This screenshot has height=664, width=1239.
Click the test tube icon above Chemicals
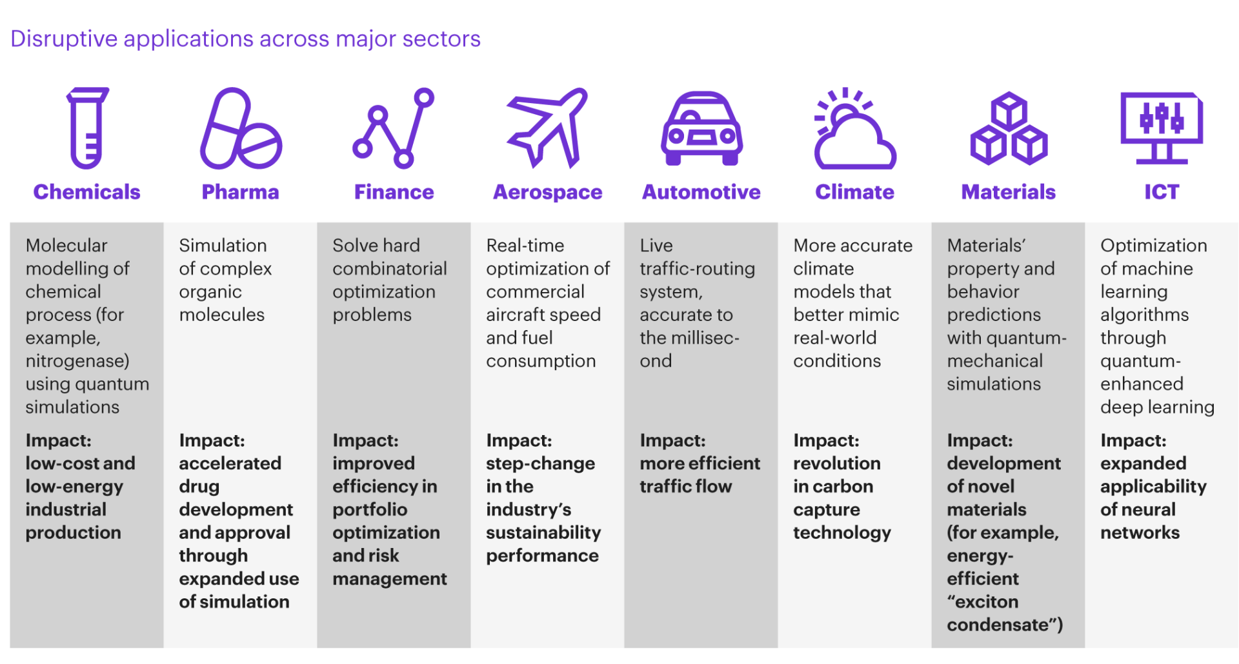pos(87,128)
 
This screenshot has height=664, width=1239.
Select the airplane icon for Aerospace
pos(548,128)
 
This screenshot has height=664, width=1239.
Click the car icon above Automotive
pos(701,128)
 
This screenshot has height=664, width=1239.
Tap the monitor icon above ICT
pos(1162,128)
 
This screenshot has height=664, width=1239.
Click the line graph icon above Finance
pos(393,128)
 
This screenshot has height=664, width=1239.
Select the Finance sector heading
pos(394,192)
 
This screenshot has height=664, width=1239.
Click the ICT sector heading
pos(1162,192)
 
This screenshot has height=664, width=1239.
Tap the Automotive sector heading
pos(701,192)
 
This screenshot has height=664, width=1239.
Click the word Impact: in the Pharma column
pos(212,440)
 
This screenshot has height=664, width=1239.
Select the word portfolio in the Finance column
pos(370,510)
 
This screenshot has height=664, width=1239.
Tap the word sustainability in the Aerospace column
pos(543,533)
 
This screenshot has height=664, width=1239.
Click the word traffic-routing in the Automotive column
pos(697,269)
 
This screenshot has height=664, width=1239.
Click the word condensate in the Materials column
pos(998,625)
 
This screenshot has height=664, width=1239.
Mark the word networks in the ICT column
pos(1140,532)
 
